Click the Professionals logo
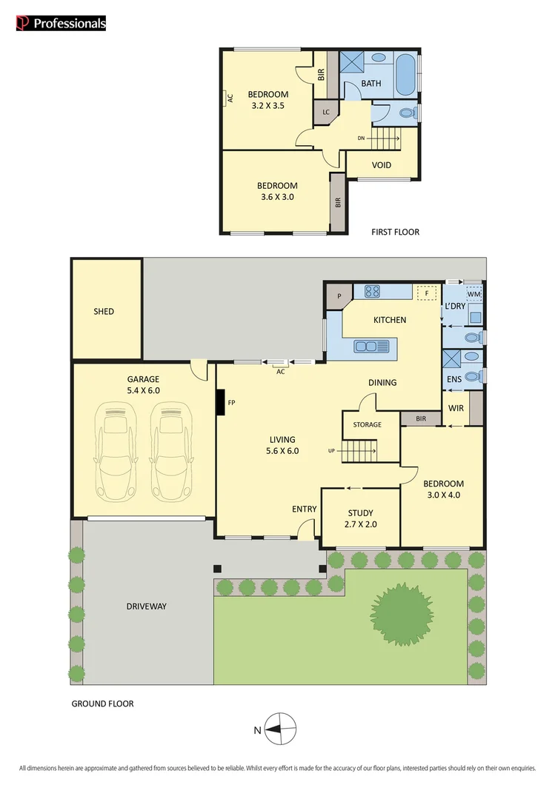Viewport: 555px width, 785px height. click(61, 24)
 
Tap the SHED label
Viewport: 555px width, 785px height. click(104, 311)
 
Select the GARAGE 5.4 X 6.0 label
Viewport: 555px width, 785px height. click(142, 384)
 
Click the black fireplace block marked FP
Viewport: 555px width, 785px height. click(220, 404)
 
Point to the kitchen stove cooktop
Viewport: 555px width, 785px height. click(373, 292)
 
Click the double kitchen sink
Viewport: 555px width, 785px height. click(370, 346)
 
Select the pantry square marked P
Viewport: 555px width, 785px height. click(339, 295)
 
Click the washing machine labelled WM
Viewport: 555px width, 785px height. click(473, 295)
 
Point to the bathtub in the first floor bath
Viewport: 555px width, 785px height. click(406, 75)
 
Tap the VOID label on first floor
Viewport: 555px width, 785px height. click(382, 165)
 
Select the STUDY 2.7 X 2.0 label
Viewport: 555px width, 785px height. click(360, 518)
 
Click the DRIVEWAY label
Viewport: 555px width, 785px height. click(145, 606)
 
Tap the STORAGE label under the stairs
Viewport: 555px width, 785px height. click(367, 424)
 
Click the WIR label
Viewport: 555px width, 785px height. click(455, 407)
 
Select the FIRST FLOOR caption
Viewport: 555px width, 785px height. click(395, 232)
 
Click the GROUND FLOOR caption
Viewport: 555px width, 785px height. click(102, 704)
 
